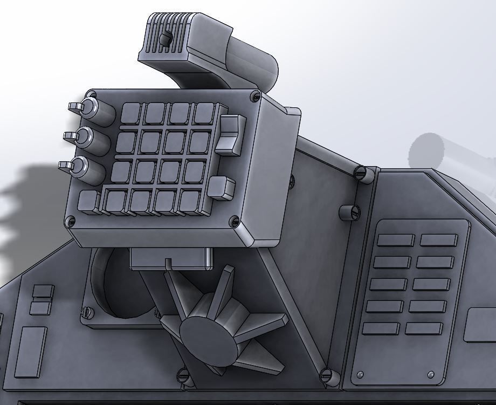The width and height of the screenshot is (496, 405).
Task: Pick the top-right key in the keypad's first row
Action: (x=204, y=113)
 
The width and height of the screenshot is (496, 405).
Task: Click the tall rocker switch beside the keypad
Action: (x=229, y=134)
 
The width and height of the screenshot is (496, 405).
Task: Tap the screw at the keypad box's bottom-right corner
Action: (x=234, y=221)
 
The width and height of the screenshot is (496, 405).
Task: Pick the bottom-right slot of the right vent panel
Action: (x=424, y=328)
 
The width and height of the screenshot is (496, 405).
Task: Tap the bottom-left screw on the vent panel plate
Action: (x=360, y=374)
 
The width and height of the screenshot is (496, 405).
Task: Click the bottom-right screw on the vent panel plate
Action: (x=430, y=374)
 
